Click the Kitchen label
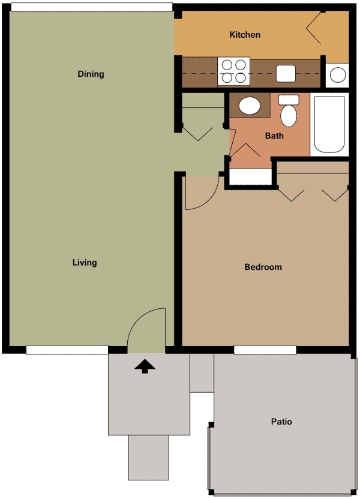coord(245,35)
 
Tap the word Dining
coord(91,74)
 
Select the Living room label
coord(85,263)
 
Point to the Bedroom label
coord(263,267)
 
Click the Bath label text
coord(274,136)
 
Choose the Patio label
coord(281,422)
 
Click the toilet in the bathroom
coord(289,112)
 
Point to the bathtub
coord(329,124)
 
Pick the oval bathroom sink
coord(249,106)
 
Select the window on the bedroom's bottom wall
coord(265,350)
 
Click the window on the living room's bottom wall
coord(67,350)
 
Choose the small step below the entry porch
coord(149,457)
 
